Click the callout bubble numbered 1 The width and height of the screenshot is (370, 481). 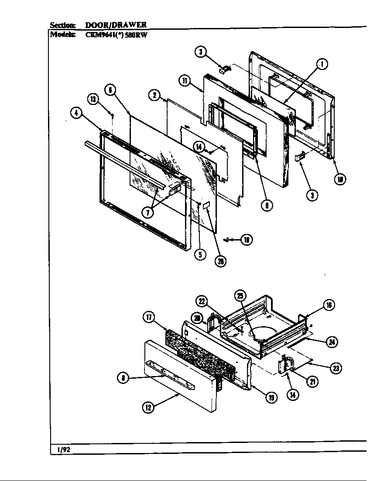click(322, 65)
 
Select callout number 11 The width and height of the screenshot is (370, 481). click(185, 80)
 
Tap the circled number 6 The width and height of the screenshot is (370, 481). click(110, 90)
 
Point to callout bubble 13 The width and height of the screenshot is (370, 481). click(93, 99)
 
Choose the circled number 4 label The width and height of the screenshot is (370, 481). click(76, 113)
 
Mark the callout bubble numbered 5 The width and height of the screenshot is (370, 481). click(200, 254)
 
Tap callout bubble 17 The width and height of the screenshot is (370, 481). click(149, 317)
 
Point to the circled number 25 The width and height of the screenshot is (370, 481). click(240, 295)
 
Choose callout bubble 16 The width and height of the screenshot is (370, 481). click(329, 305)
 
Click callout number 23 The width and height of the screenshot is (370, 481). click(336, 368)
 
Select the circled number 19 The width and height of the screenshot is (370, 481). click(271, 397)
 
